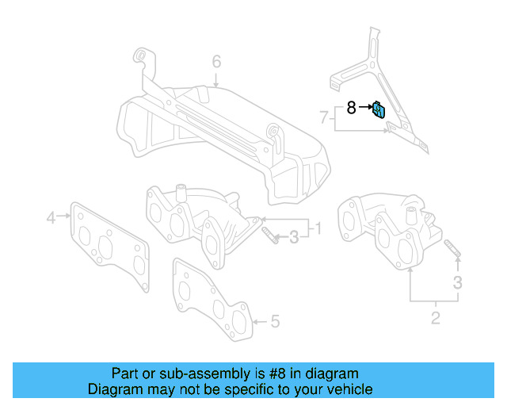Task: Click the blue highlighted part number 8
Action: click(x=379, y=109)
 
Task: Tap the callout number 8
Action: click(x=351, y=107)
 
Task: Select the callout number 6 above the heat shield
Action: click(x=215, y=61)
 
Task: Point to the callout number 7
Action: click(x=323, y=117)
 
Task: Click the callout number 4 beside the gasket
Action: click(x=51, y=216)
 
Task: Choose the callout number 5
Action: click(x=275, y=321)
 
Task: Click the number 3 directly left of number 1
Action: click(x=293, y=236)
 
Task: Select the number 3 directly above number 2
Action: click(x=457, y=282)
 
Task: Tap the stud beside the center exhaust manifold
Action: click(x=270, y=236)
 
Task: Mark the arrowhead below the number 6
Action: click(x=215, y=83)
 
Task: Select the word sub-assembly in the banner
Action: click(x=200, y=373)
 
